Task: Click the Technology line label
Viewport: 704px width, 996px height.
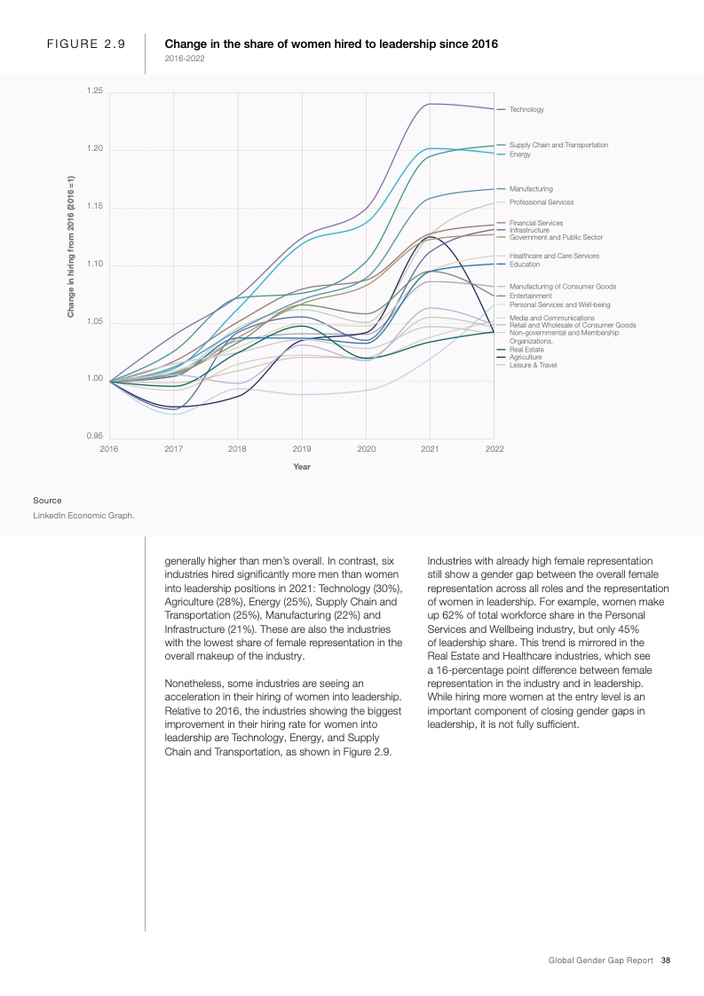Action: coord(526,109)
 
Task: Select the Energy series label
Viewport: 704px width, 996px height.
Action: coord(519,154)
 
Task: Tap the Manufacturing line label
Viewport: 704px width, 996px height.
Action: coord(531,188)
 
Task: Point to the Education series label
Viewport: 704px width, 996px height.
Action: coord(525,265)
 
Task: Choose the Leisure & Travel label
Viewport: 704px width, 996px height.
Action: coord(533,365)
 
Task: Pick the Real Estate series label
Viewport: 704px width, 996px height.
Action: coord(527,350)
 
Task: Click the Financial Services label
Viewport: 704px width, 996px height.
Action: coord(536,223)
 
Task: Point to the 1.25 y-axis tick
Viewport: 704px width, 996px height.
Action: coord(94,91)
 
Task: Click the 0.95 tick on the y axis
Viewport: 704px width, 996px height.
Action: coord(94,436)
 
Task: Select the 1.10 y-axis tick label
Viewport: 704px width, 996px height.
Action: coord(94,265)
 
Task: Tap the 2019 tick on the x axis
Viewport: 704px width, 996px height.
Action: coord(302,449)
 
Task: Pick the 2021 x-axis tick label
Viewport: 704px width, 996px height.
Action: coord(430,449)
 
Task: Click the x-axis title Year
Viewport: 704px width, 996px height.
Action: coord(302,467)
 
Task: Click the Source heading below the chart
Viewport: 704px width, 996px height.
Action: coord(47,501)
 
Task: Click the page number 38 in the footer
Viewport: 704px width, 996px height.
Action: coord(666,960)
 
